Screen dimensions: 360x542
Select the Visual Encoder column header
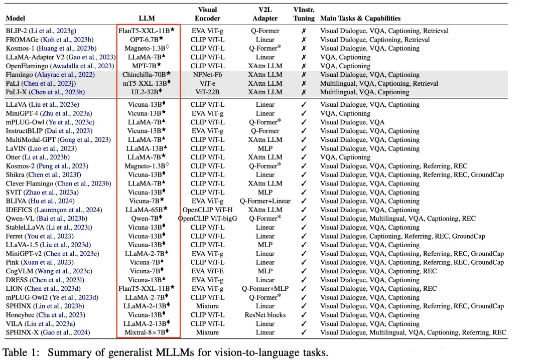pyautogui.click(x=208, y=14)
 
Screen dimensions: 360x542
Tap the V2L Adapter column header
pyautogui.click(x=264, y=14)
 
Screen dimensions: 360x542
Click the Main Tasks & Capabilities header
pyautogui.click(x=360, y=19)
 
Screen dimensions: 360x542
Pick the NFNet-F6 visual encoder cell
pyautogui.click(x=208, y=75)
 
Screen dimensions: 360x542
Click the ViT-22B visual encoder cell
pyautogui.click(x=208, y=92)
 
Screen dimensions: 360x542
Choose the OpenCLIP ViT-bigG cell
pyautogui.click(x=208, y=219)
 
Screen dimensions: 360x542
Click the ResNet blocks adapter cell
pyautogui.click(x=264, y=315)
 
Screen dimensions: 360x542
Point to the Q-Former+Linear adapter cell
pyautogui.click(x=264, y=201)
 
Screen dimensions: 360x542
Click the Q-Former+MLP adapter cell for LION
pyautogui.click(x=264, y=289)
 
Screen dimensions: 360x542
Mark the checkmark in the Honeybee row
pyautogui.click(x=304, y=315)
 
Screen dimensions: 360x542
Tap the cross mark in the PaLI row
pyautogui.click(x=304, y=84)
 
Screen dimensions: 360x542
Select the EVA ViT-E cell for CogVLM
pyautogui.click(x=208, y=271)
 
